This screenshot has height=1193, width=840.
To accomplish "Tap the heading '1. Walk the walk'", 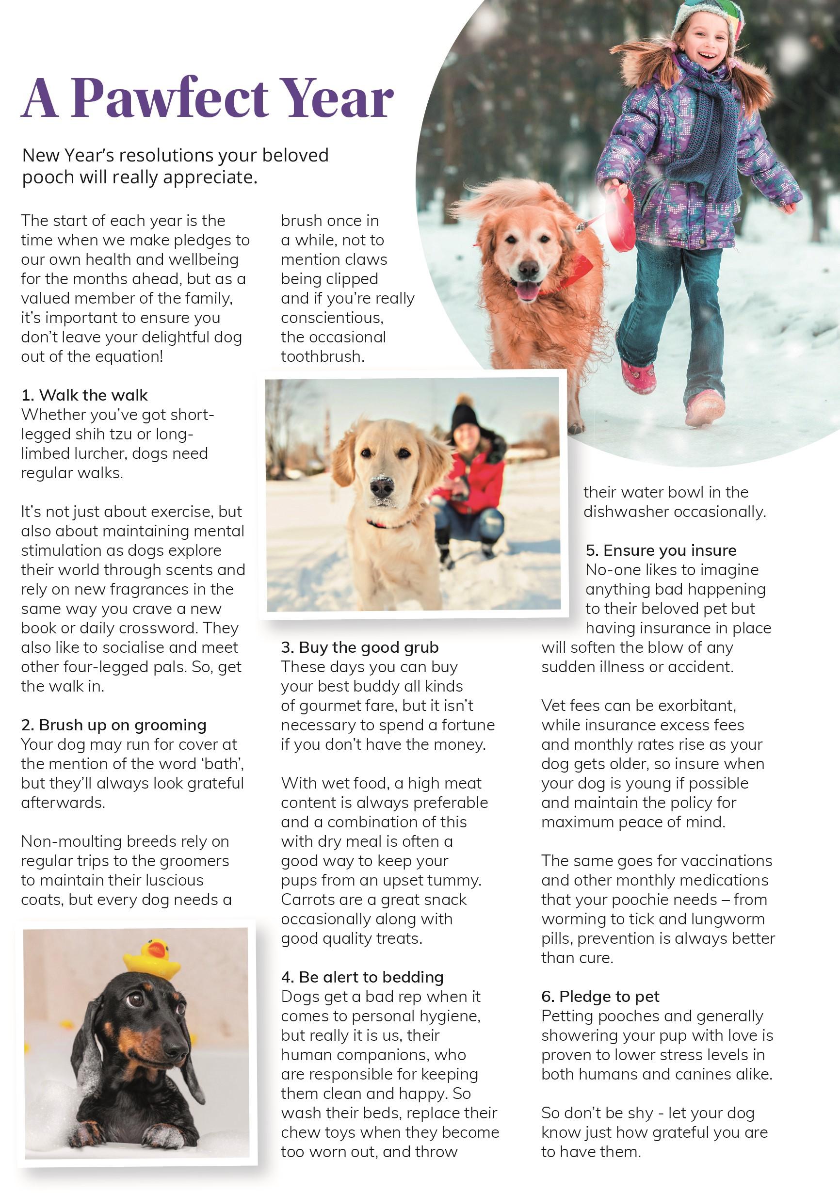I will click(x=84, y=395).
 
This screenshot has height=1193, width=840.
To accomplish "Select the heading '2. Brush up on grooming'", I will click(x=113, y=725).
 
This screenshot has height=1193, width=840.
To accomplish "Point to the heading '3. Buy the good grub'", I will click(x=359, y=647).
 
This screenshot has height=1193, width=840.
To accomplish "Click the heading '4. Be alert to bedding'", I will click(x=362, y=977).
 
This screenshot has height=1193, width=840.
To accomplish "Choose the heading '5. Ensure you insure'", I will click(x=661, y=550).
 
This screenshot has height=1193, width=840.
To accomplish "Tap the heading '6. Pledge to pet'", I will click(x=600, y=997).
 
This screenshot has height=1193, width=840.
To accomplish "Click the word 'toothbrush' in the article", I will click(x=322, y=356).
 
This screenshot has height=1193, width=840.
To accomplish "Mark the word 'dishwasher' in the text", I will click(x=626, y=512).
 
